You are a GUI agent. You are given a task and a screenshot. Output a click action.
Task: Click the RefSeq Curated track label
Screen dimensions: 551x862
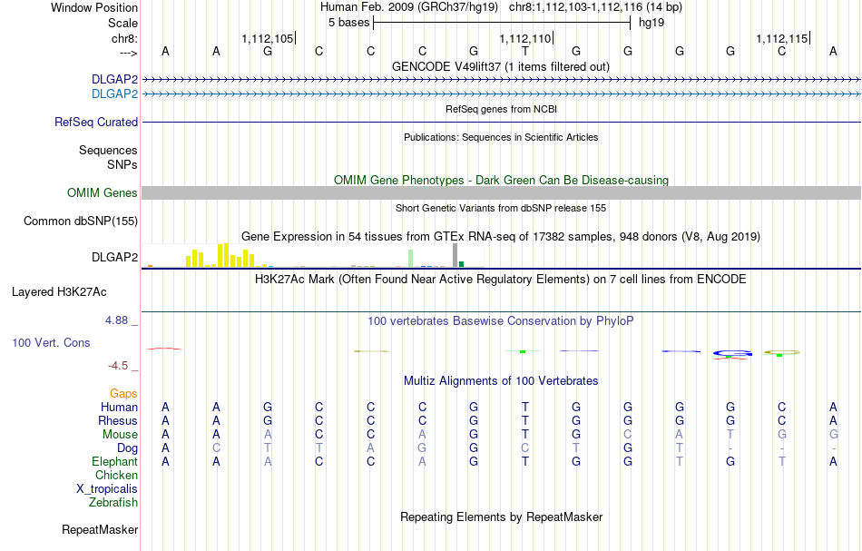96,122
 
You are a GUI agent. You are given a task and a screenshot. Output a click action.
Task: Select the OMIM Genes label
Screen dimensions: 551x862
103,192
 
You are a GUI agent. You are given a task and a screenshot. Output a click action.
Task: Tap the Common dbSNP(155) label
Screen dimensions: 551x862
81,221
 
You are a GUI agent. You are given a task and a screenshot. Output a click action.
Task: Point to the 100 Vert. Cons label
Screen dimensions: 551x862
52,343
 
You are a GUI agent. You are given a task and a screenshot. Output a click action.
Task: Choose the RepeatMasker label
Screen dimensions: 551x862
100,529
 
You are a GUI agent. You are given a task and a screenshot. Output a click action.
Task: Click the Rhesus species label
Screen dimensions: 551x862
118,421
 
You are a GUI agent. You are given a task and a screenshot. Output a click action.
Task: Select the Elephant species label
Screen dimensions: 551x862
114,462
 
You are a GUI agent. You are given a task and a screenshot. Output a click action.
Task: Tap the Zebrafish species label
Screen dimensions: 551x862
113,502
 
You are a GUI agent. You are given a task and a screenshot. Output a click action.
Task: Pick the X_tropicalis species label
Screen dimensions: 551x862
107,488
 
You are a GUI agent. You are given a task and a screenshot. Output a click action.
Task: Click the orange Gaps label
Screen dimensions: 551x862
123,393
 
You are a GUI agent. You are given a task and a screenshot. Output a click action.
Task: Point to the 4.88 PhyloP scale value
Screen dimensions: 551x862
119,320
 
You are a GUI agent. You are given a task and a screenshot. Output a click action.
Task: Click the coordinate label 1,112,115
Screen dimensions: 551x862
781,39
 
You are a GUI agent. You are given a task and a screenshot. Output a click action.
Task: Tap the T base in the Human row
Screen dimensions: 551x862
524,408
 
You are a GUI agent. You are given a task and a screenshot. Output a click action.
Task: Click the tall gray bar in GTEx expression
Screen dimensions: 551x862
455,255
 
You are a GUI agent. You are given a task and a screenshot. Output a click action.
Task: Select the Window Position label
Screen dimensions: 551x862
94,7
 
